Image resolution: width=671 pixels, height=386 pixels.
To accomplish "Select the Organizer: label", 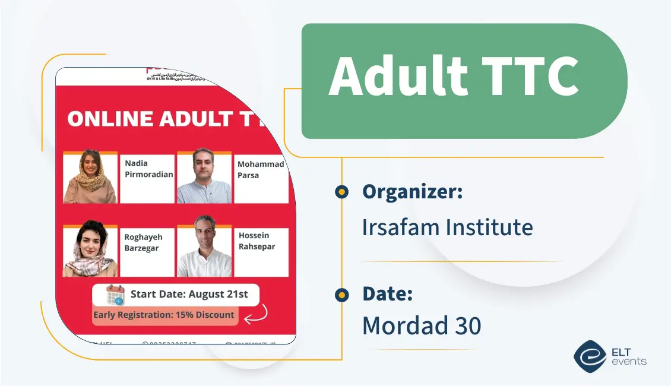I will coord(412,192).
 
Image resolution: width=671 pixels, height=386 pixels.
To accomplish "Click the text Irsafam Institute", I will coord(447,227).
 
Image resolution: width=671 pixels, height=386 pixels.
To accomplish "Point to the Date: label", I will coord(387,293).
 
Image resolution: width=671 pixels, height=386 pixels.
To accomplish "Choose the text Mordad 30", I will coord(422,325).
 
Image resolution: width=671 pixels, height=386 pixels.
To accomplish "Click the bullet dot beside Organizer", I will coord(341,192).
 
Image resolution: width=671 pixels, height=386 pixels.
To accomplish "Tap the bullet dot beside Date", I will coord(341,295).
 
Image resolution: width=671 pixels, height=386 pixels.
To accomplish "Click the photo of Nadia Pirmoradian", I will coord(90,177).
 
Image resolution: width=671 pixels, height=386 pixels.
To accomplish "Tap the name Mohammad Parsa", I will coord(260,170).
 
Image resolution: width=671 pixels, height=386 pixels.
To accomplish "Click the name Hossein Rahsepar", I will coord(257,241).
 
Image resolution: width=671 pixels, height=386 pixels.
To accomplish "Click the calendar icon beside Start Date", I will coord(115,295).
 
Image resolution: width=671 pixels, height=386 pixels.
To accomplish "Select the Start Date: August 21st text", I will coord(189,294).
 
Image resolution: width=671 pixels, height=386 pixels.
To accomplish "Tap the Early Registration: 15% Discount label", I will coord(164,315).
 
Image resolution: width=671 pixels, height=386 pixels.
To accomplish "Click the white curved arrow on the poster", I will coord(256,314).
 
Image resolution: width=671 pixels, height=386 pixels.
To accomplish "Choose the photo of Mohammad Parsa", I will coord(204,176).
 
